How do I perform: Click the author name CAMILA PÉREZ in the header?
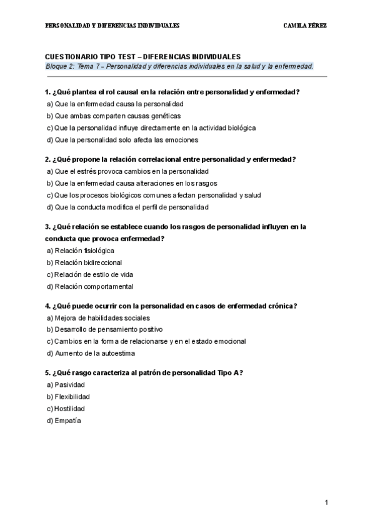(x=305, y=26)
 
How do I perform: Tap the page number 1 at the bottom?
(x=326, y=502)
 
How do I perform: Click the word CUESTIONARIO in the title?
(x=71, y=56)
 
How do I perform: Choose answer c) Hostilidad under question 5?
(x=66, y=409)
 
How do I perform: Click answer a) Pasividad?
(x=66, y=385)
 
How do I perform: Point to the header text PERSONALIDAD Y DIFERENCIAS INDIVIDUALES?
(x=113, y=26)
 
